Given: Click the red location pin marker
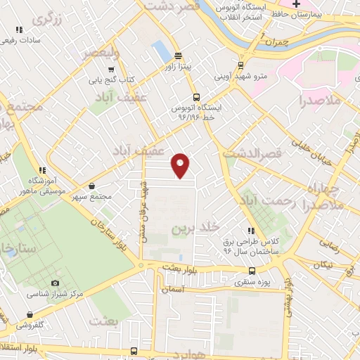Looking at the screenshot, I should [181, 165].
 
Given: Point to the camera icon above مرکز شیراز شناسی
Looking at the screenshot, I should [55, 283].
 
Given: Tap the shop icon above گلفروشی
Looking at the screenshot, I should [30, 315].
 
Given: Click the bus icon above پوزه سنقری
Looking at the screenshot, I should [252, 271].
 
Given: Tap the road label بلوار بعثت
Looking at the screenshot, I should [185, 267].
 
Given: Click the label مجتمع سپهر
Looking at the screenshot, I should [91, 196].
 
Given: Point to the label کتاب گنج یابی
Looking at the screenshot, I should [110, 79].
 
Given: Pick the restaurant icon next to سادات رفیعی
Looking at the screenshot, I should [18, 30].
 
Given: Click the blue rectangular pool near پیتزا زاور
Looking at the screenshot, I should [161, 51].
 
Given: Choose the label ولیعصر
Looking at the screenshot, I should [101, 53].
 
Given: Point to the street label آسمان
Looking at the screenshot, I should [172, 289].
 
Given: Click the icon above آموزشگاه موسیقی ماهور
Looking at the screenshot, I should [42, 170].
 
